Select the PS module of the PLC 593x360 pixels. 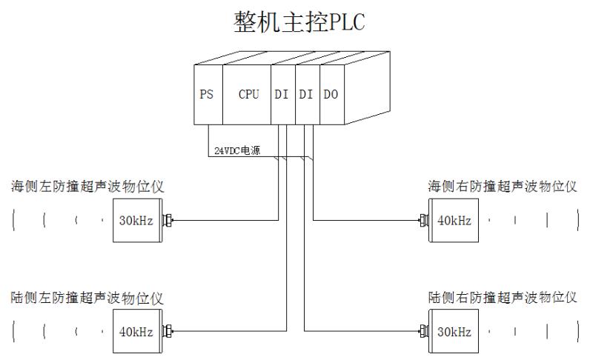[207, 96]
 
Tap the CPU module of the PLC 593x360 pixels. [248, 96]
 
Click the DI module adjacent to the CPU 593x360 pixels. [282, 96]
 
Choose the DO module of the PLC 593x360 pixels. [331, 96]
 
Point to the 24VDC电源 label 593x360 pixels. [232, 150]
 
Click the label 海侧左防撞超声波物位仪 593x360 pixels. [87, 187]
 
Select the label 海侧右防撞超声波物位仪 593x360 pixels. [503, 187]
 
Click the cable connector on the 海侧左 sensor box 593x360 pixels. [168, 220]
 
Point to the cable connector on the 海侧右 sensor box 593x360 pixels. [423, 220]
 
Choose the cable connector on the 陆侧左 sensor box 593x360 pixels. [168, 332]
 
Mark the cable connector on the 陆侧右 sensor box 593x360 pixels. [423, 332]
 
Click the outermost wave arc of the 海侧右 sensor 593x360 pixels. [577, 220]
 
